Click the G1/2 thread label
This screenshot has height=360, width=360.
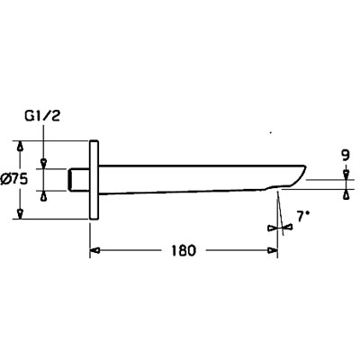click(x=43, y=116)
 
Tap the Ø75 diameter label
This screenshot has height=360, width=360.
click(x=14, y=179)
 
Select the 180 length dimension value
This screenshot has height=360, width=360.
click(x=184, y=250)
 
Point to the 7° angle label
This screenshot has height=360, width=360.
click(x=303, y=217)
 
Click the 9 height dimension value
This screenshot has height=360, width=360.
click(x=346, y=156)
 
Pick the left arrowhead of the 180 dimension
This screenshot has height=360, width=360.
click(x=94, y=250)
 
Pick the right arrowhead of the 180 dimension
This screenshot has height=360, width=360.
click(x=273, y=250)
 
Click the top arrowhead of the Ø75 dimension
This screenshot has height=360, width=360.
click(x=20, y=146)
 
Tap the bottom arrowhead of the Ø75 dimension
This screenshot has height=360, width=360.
click(x=20, y=214)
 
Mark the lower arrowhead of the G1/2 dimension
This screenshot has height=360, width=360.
click(x=44, y=196)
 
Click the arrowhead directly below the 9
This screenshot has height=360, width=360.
click(x=346, y=175)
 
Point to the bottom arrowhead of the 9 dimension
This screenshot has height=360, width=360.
click(x=346, y=194)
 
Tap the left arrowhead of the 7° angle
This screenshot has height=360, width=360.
click(x=273, y=229)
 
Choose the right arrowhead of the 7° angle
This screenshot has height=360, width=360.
click(x=287, y=227)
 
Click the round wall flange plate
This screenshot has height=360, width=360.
click(x=94, y=180)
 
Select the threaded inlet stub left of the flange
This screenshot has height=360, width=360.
click(x=79, y=180)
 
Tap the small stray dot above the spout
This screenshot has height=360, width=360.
click(x=271, y=132)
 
